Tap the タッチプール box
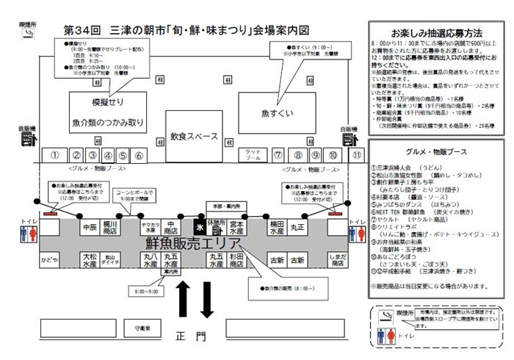[253, 155]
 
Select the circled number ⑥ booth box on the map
[140, 155]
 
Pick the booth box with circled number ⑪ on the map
[357, 155]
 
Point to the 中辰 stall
[90, 227]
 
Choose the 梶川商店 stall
[111, 226]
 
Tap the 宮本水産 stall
[236, 226]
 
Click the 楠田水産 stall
[277, 226]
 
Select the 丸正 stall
[297, 227]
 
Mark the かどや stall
[49, 260]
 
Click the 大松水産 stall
[90, 260]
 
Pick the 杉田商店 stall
[236, 260]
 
